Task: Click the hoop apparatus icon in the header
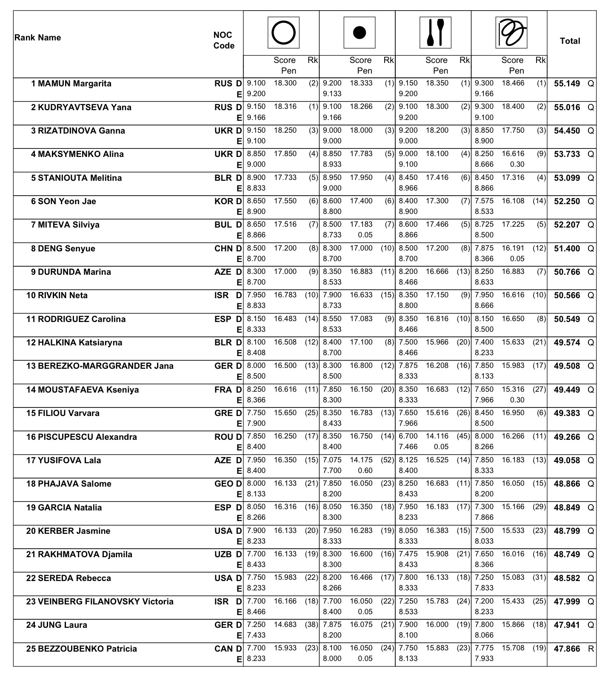coord(283,33)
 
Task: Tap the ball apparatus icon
coord(360,33)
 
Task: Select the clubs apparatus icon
coord(435,33)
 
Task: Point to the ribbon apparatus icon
coord(511,33)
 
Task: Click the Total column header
coord(570,41)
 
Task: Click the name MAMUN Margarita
coord(74,83)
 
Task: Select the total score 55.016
coord(567,107)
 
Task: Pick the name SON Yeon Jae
coord(67,201)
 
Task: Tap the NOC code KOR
coord(224,201)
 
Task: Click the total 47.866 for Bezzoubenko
coord(567,649)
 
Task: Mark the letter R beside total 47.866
coord(591,649)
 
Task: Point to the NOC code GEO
coord(224,484)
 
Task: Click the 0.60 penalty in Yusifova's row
coord(365,470)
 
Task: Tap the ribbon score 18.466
coord(513,83)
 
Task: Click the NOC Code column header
coord(224,40)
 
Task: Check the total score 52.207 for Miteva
coord(567,225)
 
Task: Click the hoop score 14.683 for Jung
coord(285,624)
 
